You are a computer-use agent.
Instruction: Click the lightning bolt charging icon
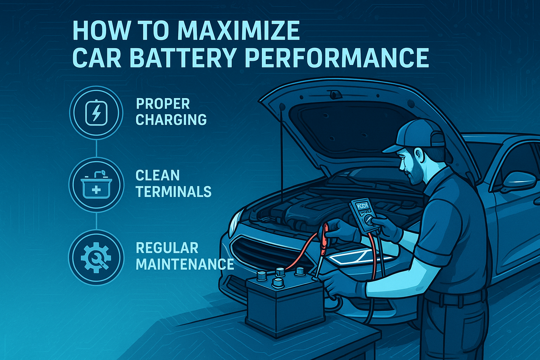pyautogui.click(x=96, y=113)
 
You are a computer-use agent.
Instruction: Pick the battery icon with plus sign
pyautogui.click(x=96, y=185)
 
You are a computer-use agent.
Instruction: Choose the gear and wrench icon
pyautogui.click(x=96, y=258)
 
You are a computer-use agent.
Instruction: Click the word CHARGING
pyautogui.click(x=171, y=120)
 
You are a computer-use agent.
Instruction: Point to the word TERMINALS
pyautogui.click(x=173, y=192)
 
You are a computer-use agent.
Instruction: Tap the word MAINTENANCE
pyautogui.click(x=185, y=264)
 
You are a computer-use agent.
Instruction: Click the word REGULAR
pyautogui.click(x=167, y=247)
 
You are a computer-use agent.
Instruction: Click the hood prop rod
pyautogui.click(x=282, y=154)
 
